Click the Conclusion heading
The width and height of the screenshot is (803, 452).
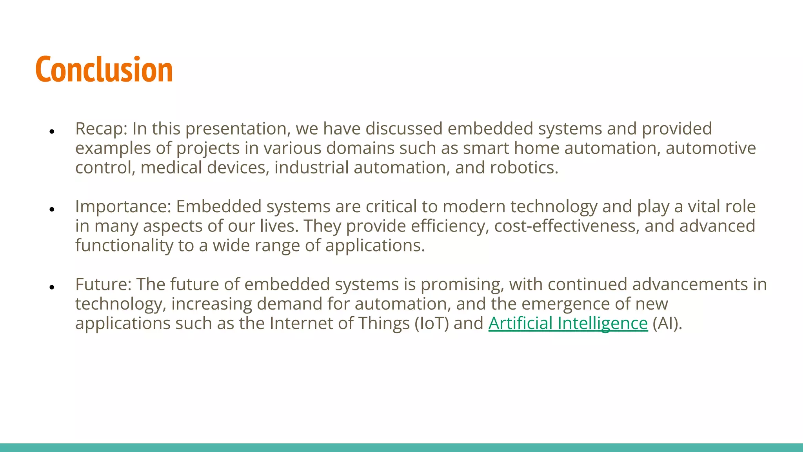104,70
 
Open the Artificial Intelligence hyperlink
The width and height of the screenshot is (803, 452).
568,323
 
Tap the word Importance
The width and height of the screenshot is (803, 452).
123,207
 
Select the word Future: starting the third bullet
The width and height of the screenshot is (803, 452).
103,284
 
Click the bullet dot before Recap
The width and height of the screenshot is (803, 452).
51,131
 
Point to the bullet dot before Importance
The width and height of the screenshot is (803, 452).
51,209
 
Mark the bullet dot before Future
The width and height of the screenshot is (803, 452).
51,287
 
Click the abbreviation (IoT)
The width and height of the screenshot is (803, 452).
432,323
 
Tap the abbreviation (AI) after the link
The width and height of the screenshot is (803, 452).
667,323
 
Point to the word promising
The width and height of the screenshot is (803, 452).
462,284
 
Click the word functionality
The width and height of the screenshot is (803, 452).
124,246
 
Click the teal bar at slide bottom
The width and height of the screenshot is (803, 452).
401,447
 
